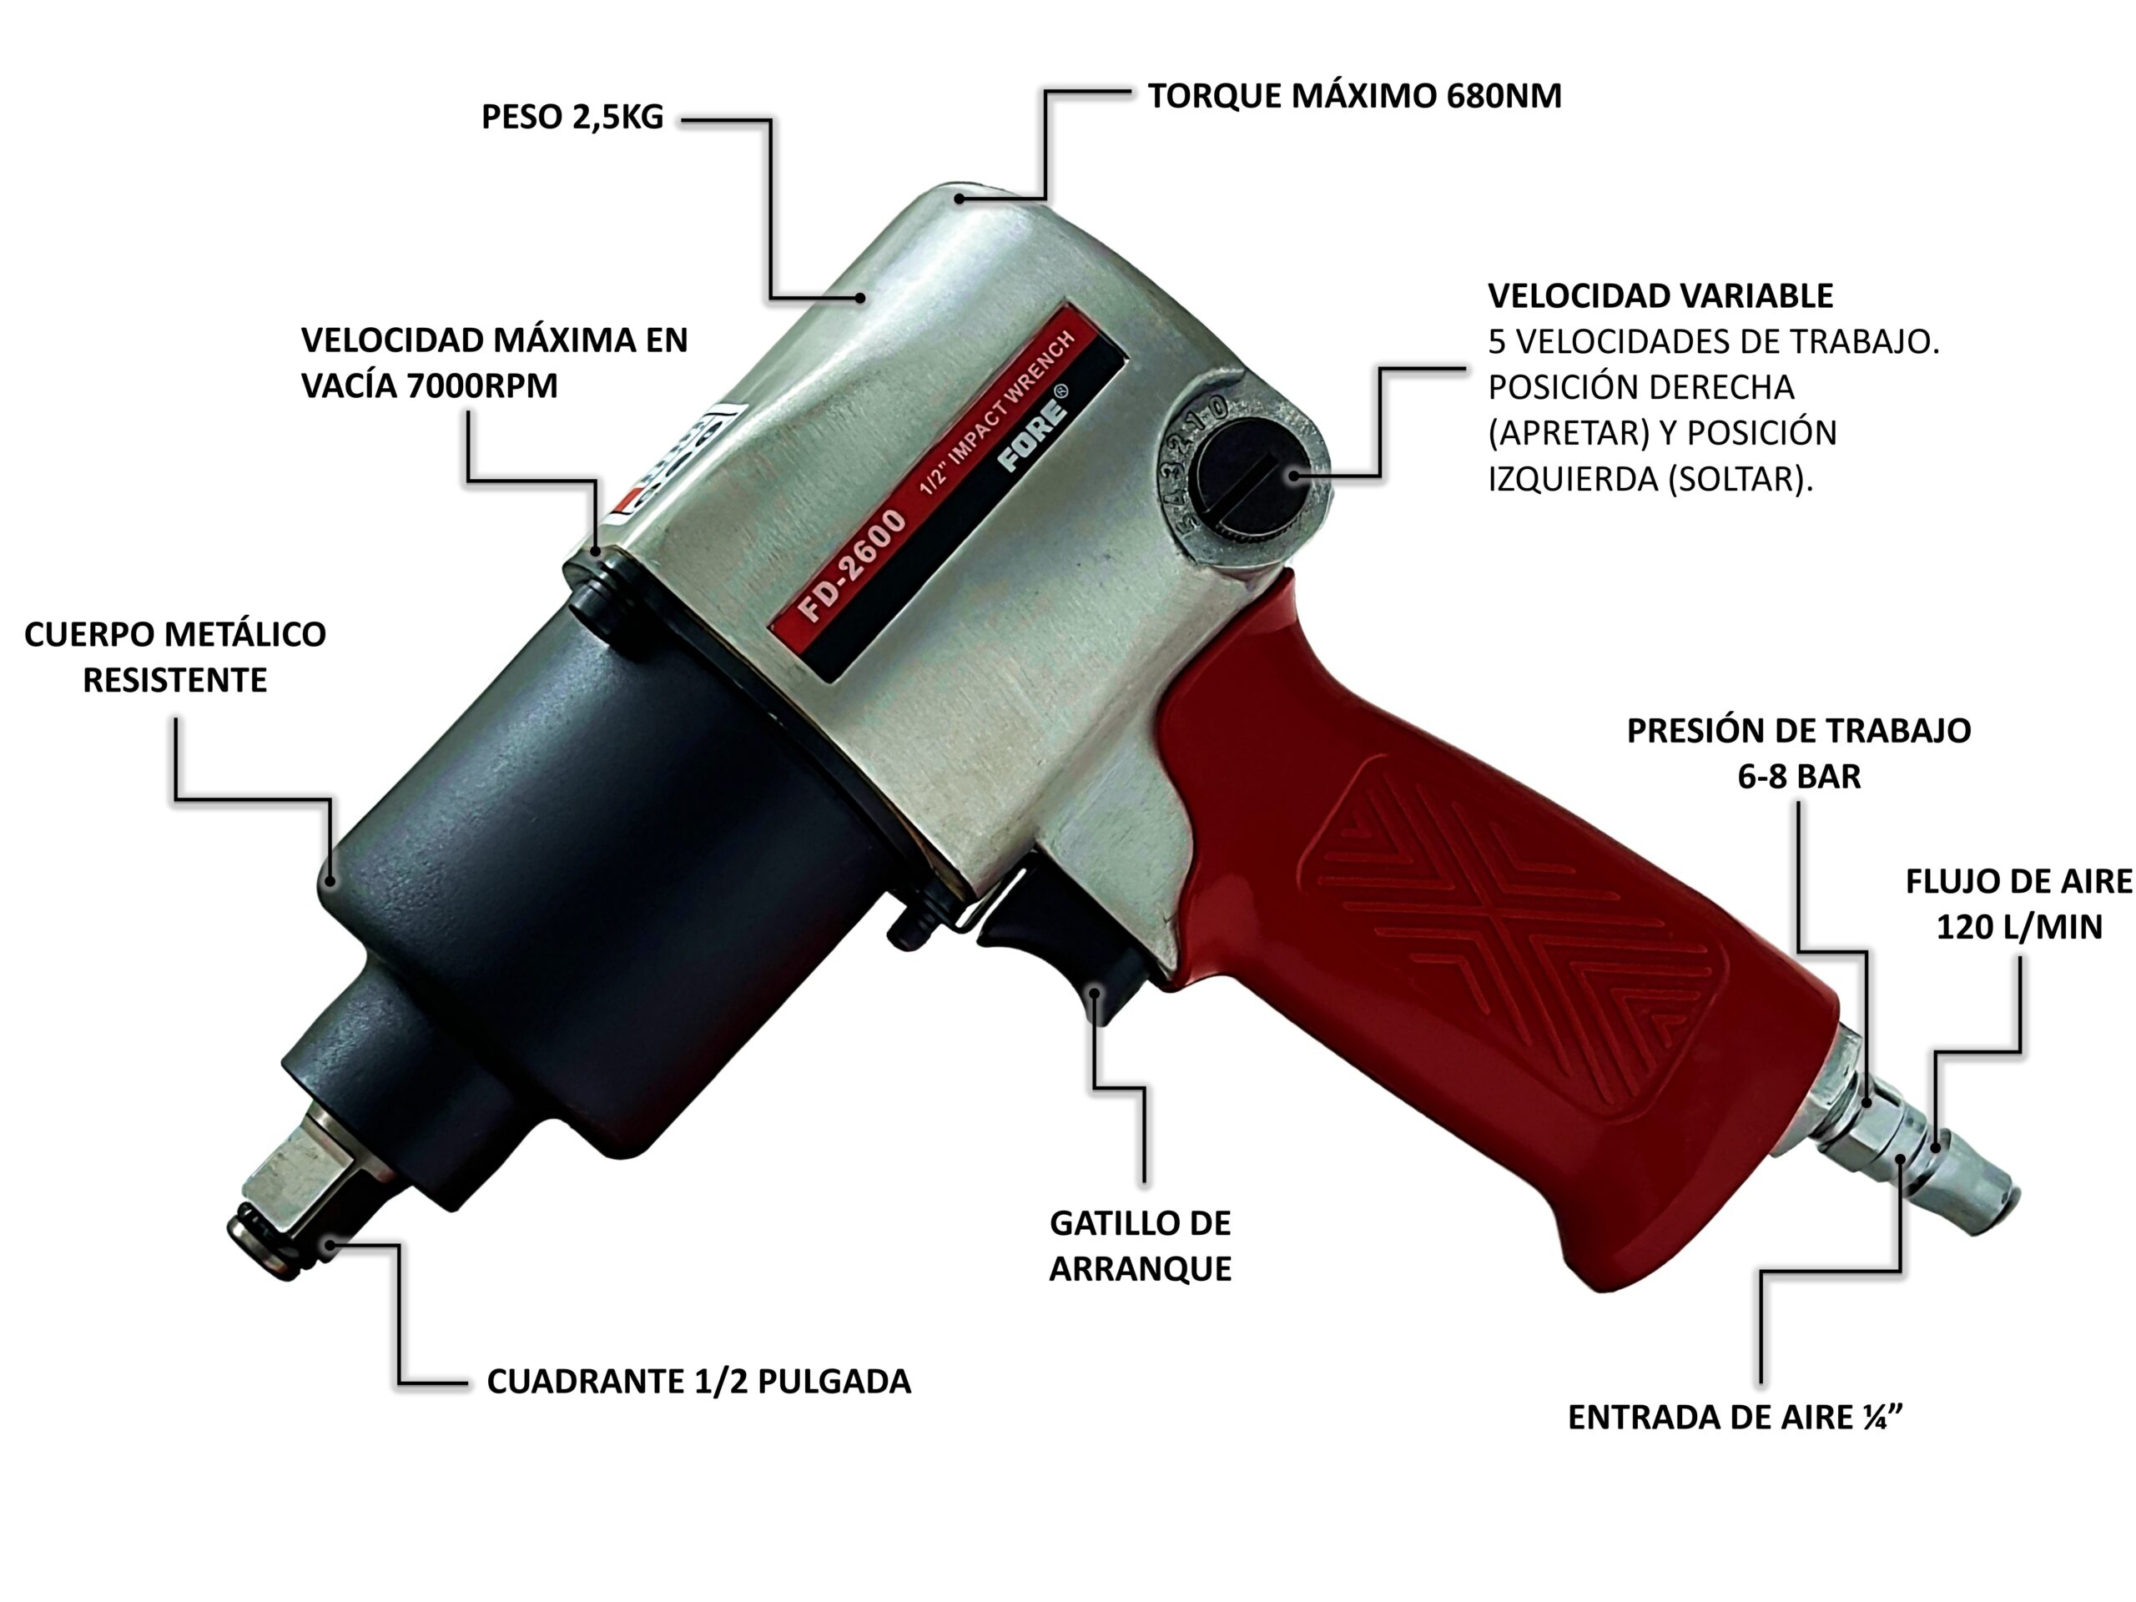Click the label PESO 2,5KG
tap(572, 117)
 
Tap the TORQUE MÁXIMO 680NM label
tap(1354, 97)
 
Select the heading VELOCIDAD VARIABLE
tap(1660, 295)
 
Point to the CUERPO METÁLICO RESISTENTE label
tap(174, 657)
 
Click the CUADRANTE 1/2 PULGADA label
tap(698, 1382)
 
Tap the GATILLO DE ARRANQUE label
tap(1140, 1246)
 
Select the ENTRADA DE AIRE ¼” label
tap(1735, 1418)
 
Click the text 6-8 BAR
tap(1798, 776)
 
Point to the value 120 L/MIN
tap(2018, 927)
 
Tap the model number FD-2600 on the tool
tap(852, 565)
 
